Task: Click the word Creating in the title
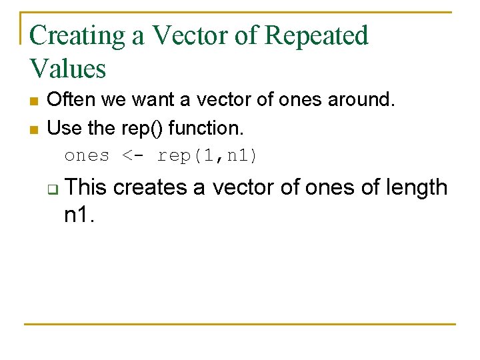(x=78, y=35)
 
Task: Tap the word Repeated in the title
(x=316, y=35)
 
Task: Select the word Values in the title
(x=67, y=69)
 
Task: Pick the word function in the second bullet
(x=211, y=127)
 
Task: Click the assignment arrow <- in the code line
(x=133, y=156)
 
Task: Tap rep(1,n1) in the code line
(x=207, y=156)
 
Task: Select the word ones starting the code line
(x=87, y=156)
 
